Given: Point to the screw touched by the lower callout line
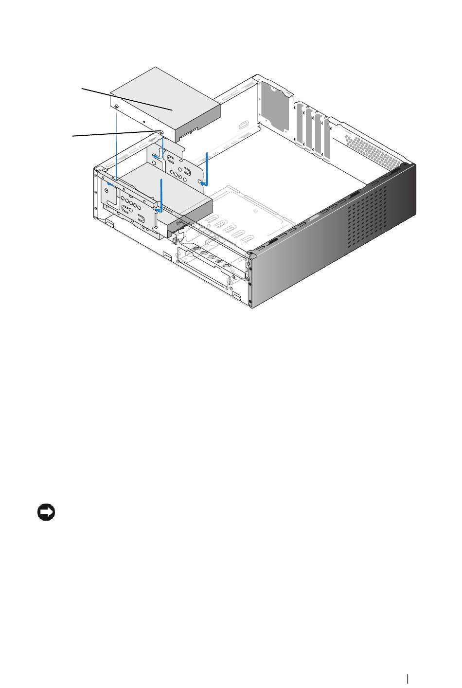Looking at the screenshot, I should coord(161,131).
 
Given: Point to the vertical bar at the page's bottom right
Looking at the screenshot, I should coord(408,679).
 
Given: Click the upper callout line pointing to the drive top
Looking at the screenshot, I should coord(126,100).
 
